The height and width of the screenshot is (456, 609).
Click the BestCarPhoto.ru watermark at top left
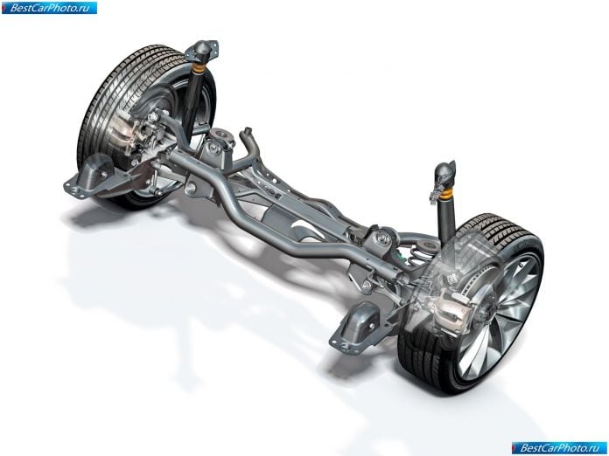(x=49, y=8)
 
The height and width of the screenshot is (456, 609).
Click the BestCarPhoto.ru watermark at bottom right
(x=559, y=448)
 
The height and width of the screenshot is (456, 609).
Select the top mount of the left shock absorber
(x=203, y=51)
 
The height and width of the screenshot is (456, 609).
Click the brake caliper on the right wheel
(x=453, y=307)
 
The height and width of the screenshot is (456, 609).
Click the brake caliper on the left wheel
(x=123, y=131)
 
